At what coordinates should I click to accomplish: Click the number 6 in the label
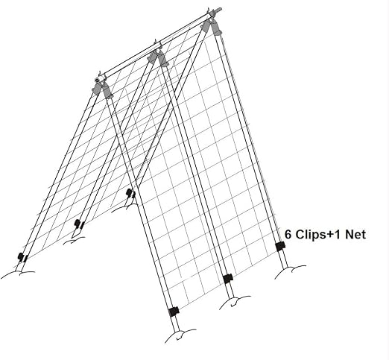click(288, 234)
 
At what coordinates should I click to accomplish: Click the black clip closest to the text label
click(280, 246)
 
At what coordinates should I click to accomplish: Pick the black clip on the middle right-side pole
click(227, 279)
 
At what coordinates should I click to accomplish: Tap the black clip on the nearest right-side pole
click(174, 312)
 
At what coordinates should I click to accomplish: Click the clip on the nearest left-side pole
click(22, 257)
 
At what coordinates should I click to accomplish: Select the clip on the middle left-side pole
click(79, 224)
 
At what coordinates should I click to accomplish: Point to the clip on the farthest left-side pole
click(130, 193)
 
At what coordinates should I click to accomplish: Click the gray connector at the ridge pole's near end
click(102, 89)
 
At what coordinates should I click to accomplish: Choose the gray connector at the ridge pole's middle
click(157, 57)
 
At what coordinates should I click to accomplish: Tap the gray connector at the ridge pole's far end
click(211, 27)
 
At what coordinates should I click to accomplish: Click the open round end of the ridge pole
click(98, 80)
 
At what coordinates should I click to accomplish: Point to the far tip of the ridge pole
click(220, 10)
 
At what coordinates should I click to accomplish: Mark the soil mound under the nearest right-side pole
click(180, 336)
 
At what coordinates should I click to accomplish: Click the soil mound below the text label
click(290, 271)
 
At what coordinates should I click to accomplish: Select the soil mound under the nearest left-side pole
click(17, 274)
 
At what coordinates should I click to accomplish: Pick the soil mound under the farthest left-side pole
click(124, 208)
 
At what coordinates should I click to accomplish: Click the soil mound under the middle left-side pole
click(74, 240)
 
